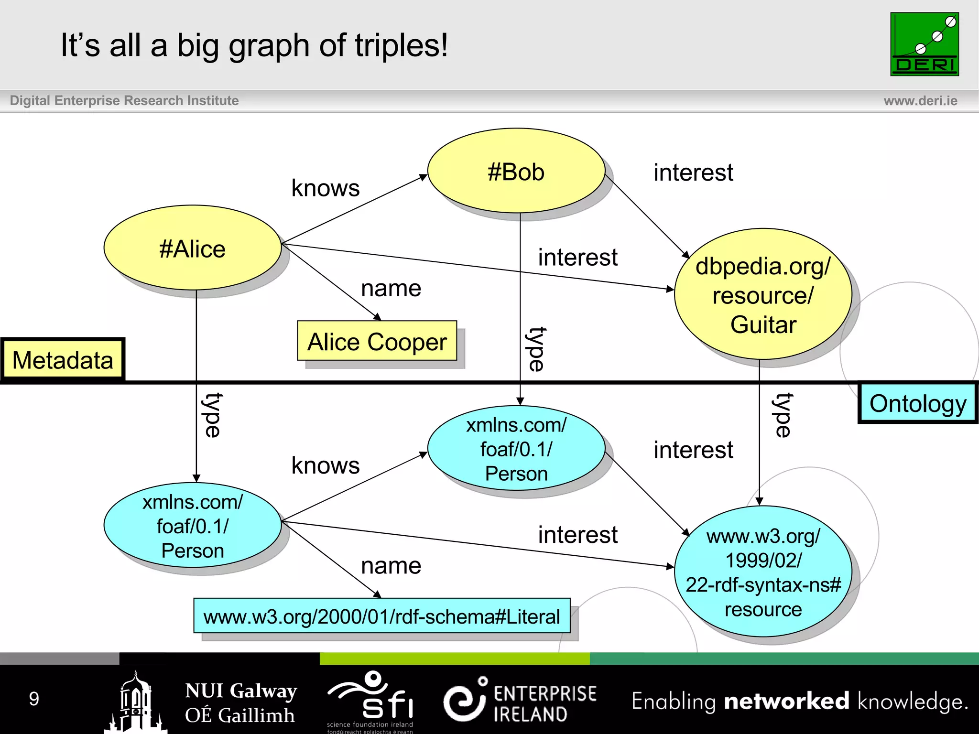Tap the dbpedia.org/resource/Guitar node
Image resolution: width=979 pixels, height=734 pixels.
pos(763,294)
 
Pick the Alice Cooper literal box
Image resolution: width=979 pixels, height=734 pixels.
pos(377,341)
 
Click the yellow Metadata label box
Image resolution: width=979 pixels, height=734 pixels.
pos(63,359)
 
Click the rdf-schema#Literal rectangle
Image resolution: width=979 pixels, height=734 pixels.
pos(381,616)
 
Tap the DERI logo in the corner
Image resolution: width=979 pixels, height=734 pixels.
pos(924,44)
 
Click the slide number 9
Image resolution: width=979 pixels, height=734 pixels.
pos(34,699)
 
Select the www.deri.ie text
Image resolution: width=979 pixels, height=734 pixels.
pos(920,101)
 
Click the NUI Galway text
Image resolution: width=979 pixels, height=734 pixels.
pos(241,691)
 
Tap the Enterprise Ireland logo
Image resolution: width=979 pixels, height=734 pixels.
pos(520,702)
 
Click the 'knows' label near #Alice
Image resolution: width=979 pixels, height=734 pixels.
pos(326,188)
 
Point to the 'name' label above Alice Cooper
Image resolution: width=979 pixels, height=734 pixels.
pos(391,288)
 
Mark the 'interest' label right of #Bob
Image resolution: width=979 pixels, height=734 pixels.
pos(693,172)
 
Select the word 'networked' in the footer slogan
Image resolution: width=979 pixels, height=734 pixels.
pos(786,702)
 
